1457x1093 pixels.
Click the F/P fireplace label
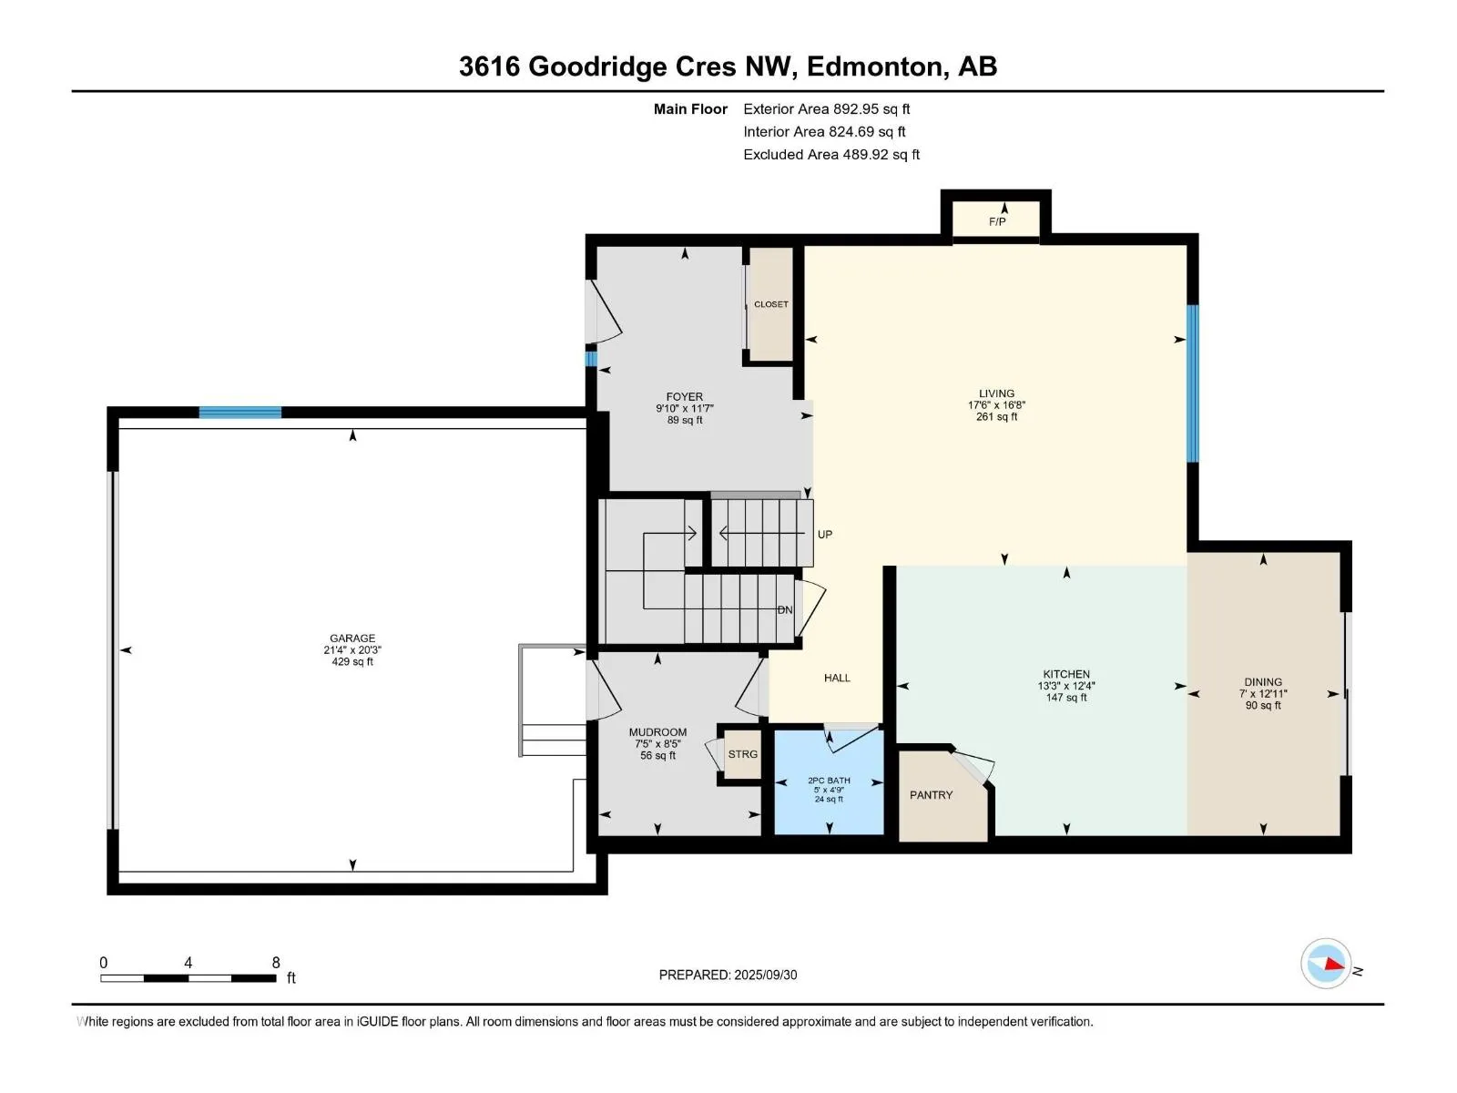[996, 221]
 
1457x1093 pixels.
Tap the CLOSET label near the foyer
[770, 304]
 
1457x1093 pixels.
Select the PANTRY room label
[931, 795]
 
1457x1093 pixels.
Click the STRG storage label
[742, 754]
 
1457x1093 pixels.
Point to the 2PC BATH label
[829, 781]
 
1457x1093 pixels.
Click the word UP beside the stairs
[824, 535]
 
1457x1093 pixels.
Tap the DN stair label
[785, 610]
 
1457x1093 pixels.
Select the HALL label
[837, 678]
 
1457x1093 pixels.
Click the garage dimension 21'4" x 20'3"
[352, 650]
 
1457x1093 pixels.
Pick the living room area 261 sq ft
[996, 417]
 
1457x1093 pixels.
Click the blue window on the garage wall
[240, 412]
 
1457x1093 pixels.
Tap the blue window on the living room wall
[1192, 383]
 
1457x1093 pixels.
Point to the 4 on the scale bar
[188, 962]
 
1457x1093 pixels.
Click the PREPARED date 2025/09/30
[765, 975]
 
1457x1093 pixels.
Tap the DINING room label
[1262, 681]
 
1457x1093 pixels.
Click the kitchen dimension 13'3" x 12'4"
[1066, 686]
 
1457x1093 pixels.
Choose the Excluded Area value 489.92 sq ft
[881, 155]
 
